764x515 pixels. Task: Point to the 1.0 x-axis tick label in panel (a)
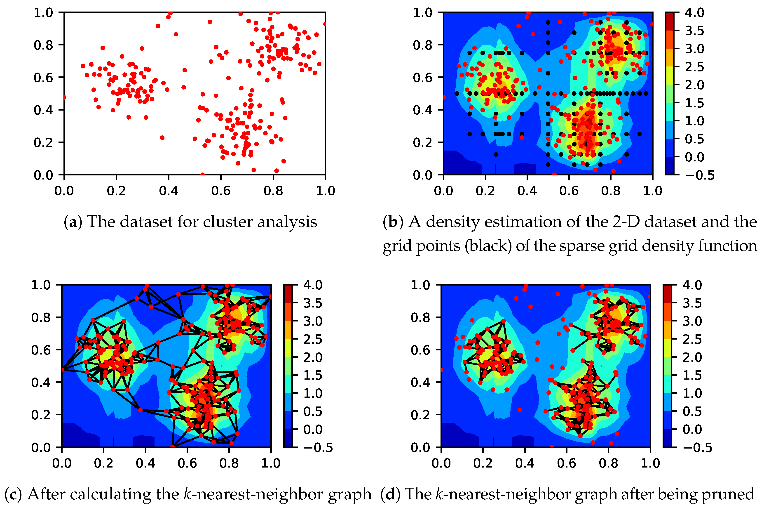coord(325,191)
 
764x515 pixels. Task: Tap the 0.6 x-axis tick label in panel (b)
coord(569,191)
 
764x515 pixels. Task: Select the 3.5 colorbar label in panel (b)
coord(694,31)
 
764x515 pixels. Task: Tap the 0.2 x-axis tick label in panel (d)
coord(483,463)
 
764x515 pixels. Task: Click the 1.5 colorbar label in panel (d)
coord(692,375)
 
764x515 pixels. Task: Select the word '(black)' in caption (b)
coord(488,246)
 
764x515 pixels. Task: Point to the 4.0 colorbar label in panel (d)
coord(692,285)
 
